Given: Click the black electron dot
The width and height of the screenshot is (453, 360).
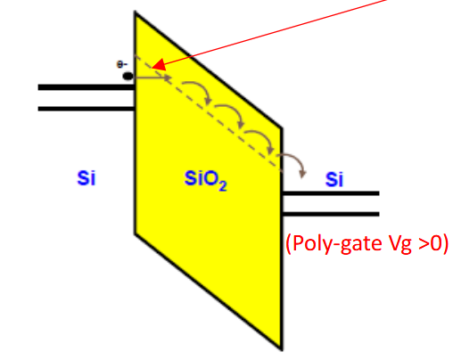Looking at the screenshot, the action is point(128,77).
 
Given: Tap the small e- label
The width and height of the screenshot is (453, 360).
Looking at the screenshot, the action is point(122,64).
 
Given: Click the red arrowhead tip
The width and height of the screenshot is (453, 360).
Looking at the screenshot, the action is point(152,68).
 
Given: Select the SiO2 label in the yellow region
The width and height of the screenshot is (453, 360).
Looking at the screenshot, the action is point(205,180).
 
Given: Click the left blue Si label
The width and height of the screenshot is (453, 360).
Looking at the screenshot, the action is point(86,178).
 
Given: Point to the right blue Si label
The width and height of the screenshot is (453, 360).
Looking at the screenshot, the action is point(334,179).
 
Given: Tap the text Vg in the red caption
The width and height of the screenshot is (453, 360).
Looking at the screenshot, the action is point(399,244).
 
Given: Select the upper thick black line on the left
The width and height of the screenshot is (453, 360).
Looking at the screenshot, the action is point(86,87).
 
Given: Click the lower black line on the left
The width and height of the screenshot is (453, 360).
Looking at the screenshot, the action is point(86,109).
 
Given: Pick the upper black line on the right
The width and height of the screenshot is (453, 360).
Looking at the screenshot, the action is point(330,193).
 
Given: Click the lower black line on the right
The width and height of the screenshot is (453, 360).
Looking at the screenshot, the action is point(330,214).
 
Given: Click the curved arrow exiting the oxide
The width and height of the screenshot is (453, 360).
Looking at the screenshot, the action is point(294,157).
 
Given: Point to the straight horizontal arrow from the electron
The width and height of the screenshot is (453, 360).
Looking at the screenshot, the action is point(152,78).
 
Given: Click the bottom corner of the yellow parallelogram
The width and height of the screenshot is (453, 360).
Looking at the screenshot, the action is point(281,350).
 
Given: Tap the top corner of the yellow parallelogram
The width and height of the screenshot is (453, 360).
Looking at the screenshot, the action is point(136,12).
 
